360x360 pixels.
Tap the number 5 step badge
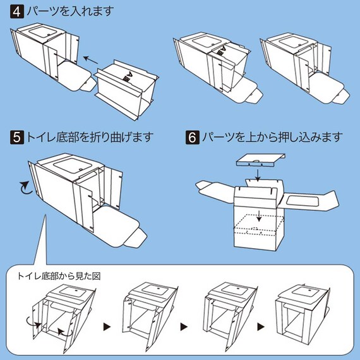click(16, 136)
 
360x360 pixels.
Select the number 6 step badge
click(192, 136)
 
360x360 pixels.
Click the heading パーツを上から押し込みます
click(272, 136)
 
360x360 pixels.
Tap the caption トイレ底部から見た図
click(58, 276)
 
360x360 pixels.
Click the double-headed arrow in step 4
click(92, 61)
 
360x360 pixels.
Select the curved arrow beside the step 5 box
click(25, 187)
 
